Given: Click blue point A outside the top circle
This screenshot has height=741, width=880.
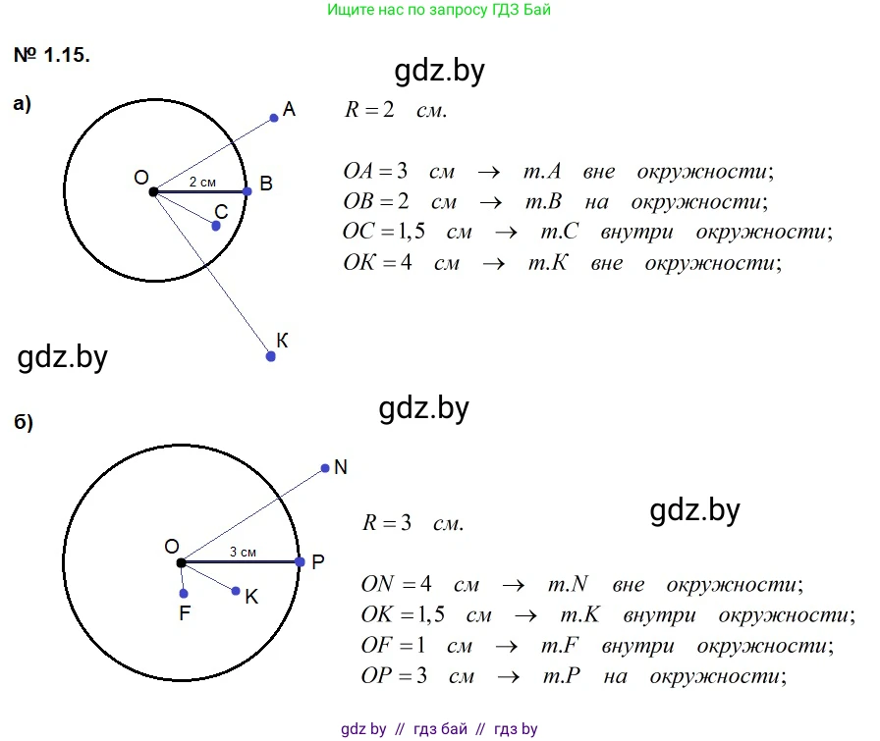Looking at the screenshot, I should tap(274, 118).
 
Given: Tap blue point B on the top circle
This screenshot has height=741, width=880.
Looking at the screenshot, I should tap(247, 191).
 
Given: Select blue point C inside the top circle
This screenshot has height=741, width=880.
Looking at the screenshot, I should tap(216, 226).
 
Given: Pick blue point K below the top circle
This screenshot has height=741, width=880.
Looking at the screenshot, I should tap(271, 356).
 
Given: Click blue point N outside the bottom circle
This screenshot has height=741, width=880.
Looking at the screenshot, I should tap(325, 468).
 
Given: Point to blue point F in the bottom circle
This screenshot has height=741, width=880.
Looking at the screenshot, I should tap(184, 594).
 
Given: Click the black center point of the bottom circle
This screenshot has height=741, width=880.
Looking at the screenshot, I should tap(182, 562).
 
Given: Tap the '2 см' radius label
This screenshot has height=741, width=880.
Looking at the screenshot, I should tap(202, 183).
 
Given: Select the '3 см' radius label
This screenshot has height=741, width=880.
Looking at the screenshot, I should tap(243, 553).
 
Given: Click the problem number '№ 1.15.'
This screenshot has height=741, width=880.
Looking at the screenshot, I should tap(52, 56).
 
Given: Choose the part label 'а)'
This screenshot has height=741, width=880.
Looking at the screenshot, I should tap(23, 104).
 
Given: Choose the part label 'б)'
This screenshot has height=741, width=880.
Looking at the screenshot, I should tap(24, 423).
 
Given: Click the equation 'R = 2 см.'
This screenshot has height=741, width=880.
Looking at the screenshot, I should tap(395, 110).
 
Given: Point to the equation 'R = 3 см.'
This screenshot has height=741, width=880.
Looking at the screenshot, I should tap(412, 523).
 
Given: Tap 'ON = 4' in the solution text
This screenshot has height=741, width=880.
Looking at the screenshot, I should tap(396, 584).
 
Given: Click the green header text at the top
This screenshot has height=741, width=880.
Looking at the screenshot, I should tap(438, 11).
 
